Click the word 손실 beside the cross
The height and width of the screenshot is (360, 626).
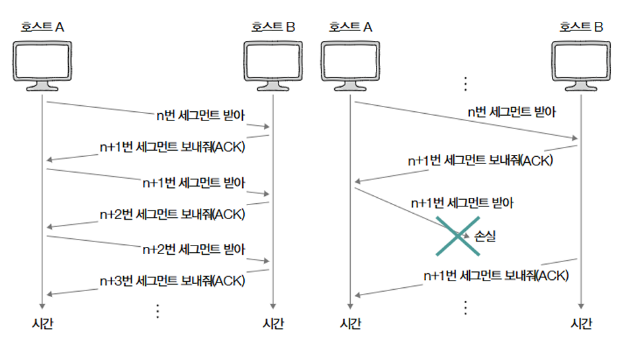click(x=487, y=235)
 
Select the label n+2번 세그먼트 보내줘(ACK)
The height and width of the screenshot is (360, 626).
click(x=172, y=214)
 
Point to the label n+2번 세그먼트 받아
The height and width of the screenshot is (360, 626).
click(x=193, y=249)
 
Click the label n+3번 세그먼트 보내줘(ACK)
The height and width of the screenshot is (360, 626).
click(x=172, y=281)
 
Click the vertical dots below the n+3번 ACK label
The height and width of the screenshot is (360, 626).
click(x=157, y=310)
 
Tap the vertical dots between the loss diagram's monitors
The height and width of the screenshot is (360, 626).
click(x=465, y=83)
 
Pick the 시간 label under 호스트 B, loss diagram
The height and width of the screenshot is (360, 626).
click(x=581, y=324)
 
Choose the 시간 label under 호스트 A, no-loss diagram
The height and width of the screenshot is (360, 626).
click(x=42, y=324)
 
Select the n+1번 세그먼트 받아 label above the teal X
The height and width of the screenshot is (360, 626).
click(x=462, y=202)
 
